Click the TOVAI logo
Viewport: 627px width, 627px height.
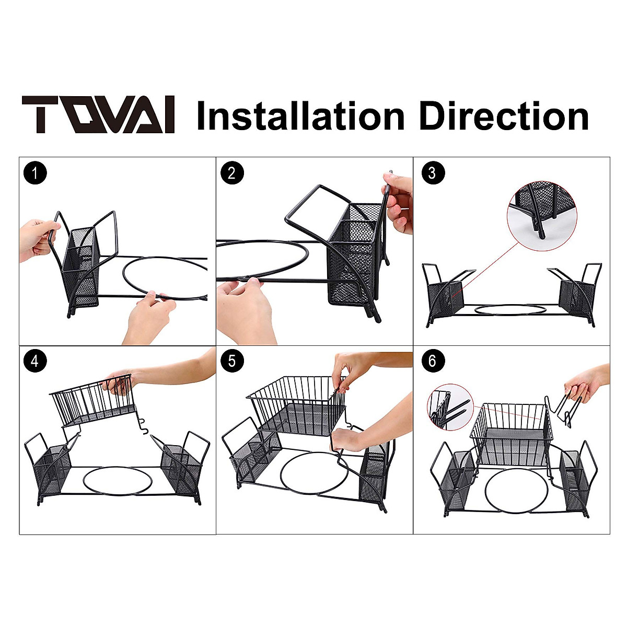98,115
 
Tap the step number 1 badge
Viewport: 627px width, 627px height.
35,173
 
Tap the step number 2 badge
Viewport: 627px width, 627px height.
232,173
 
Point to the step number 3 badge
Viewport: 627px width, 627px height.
432,173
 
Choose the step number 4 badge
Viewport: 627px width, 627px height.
35,362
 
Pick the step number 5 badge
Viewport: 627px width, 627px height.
232,361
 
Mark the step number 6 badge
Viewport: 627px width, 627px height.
432,361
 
